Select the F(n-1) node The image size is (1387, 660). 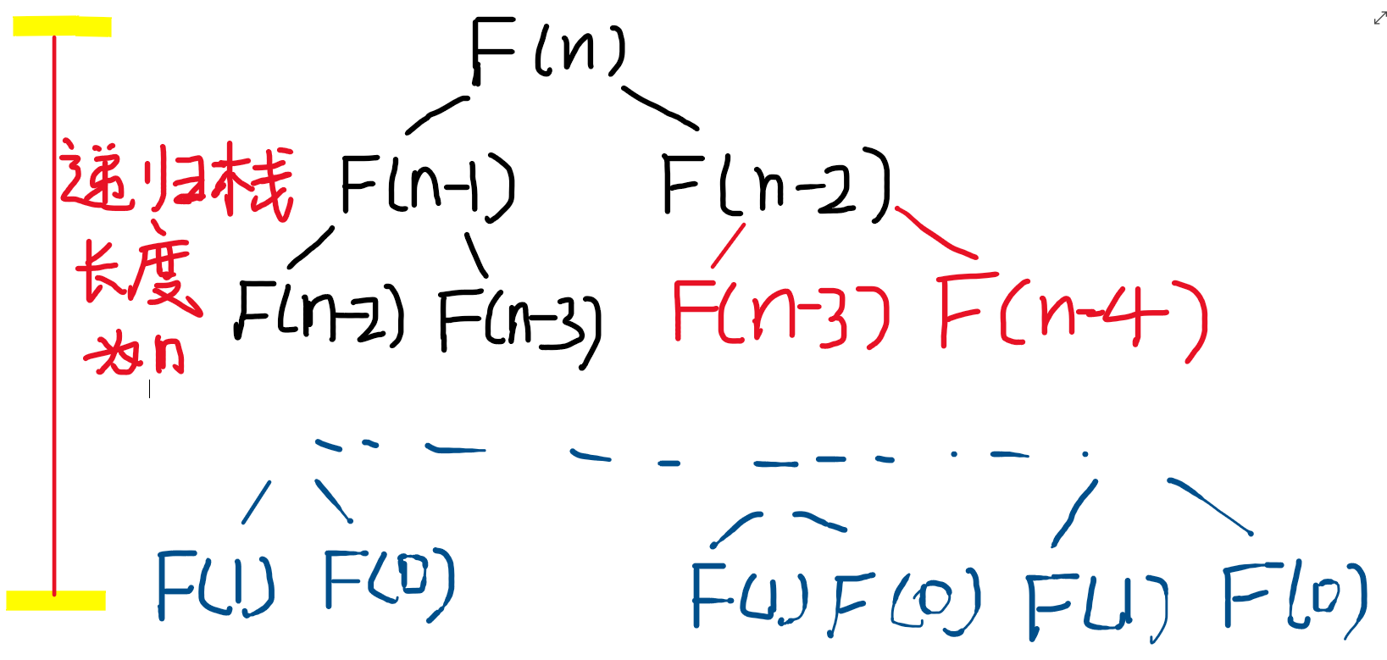click(426, 185)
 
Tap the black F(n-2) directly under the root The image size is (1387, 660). click(774, 184)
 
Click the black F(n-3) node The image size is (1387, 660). click(519, 324)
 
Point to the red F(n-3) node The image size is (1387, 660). click(780, 313)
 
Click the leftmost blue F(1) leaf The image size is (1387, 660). click(215, 584)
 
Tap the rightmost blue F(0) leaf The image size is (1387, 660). click(1294, 598)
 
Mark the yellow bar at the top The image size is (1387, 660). click(62, 27)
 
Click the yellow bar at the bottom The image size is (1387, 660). click(56, 601)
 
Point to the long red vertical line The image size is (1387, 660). click(54, 313)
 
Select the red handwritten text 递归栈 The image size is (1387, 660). click(176, 180)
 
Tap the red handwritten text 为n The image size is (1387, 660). click(136, 354)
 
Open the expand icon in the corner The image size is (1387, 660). click(1379, 19)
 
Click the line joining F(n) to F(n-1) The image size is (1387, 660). click(436, 114)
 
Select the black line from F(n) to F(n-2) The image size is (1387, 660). click(660, 108)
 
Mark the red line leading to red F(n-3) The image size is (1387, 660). click(728, 246)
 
